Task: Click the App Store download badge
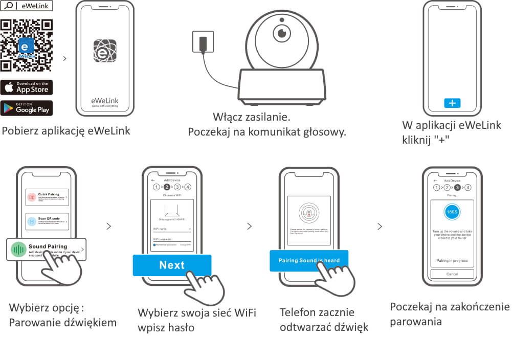(27, 87)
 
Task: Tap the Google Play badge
(27, 108)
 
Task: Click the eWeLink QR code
(27, 45)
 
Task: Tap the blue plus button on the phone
(452, 103)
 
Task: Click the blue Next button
(172, 265)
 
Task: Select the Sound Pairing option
(47, 250)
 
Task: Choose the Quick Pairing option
(47, 196)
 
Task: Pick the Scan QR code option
(47, 221)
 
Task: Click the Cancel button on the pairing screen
(452, 274)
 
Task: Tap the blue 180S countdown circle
(452, 211)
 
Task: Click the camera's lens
(281, 33)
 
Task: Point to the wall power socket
(202, 41)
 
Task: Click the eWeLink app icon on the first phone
(105, 51)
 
